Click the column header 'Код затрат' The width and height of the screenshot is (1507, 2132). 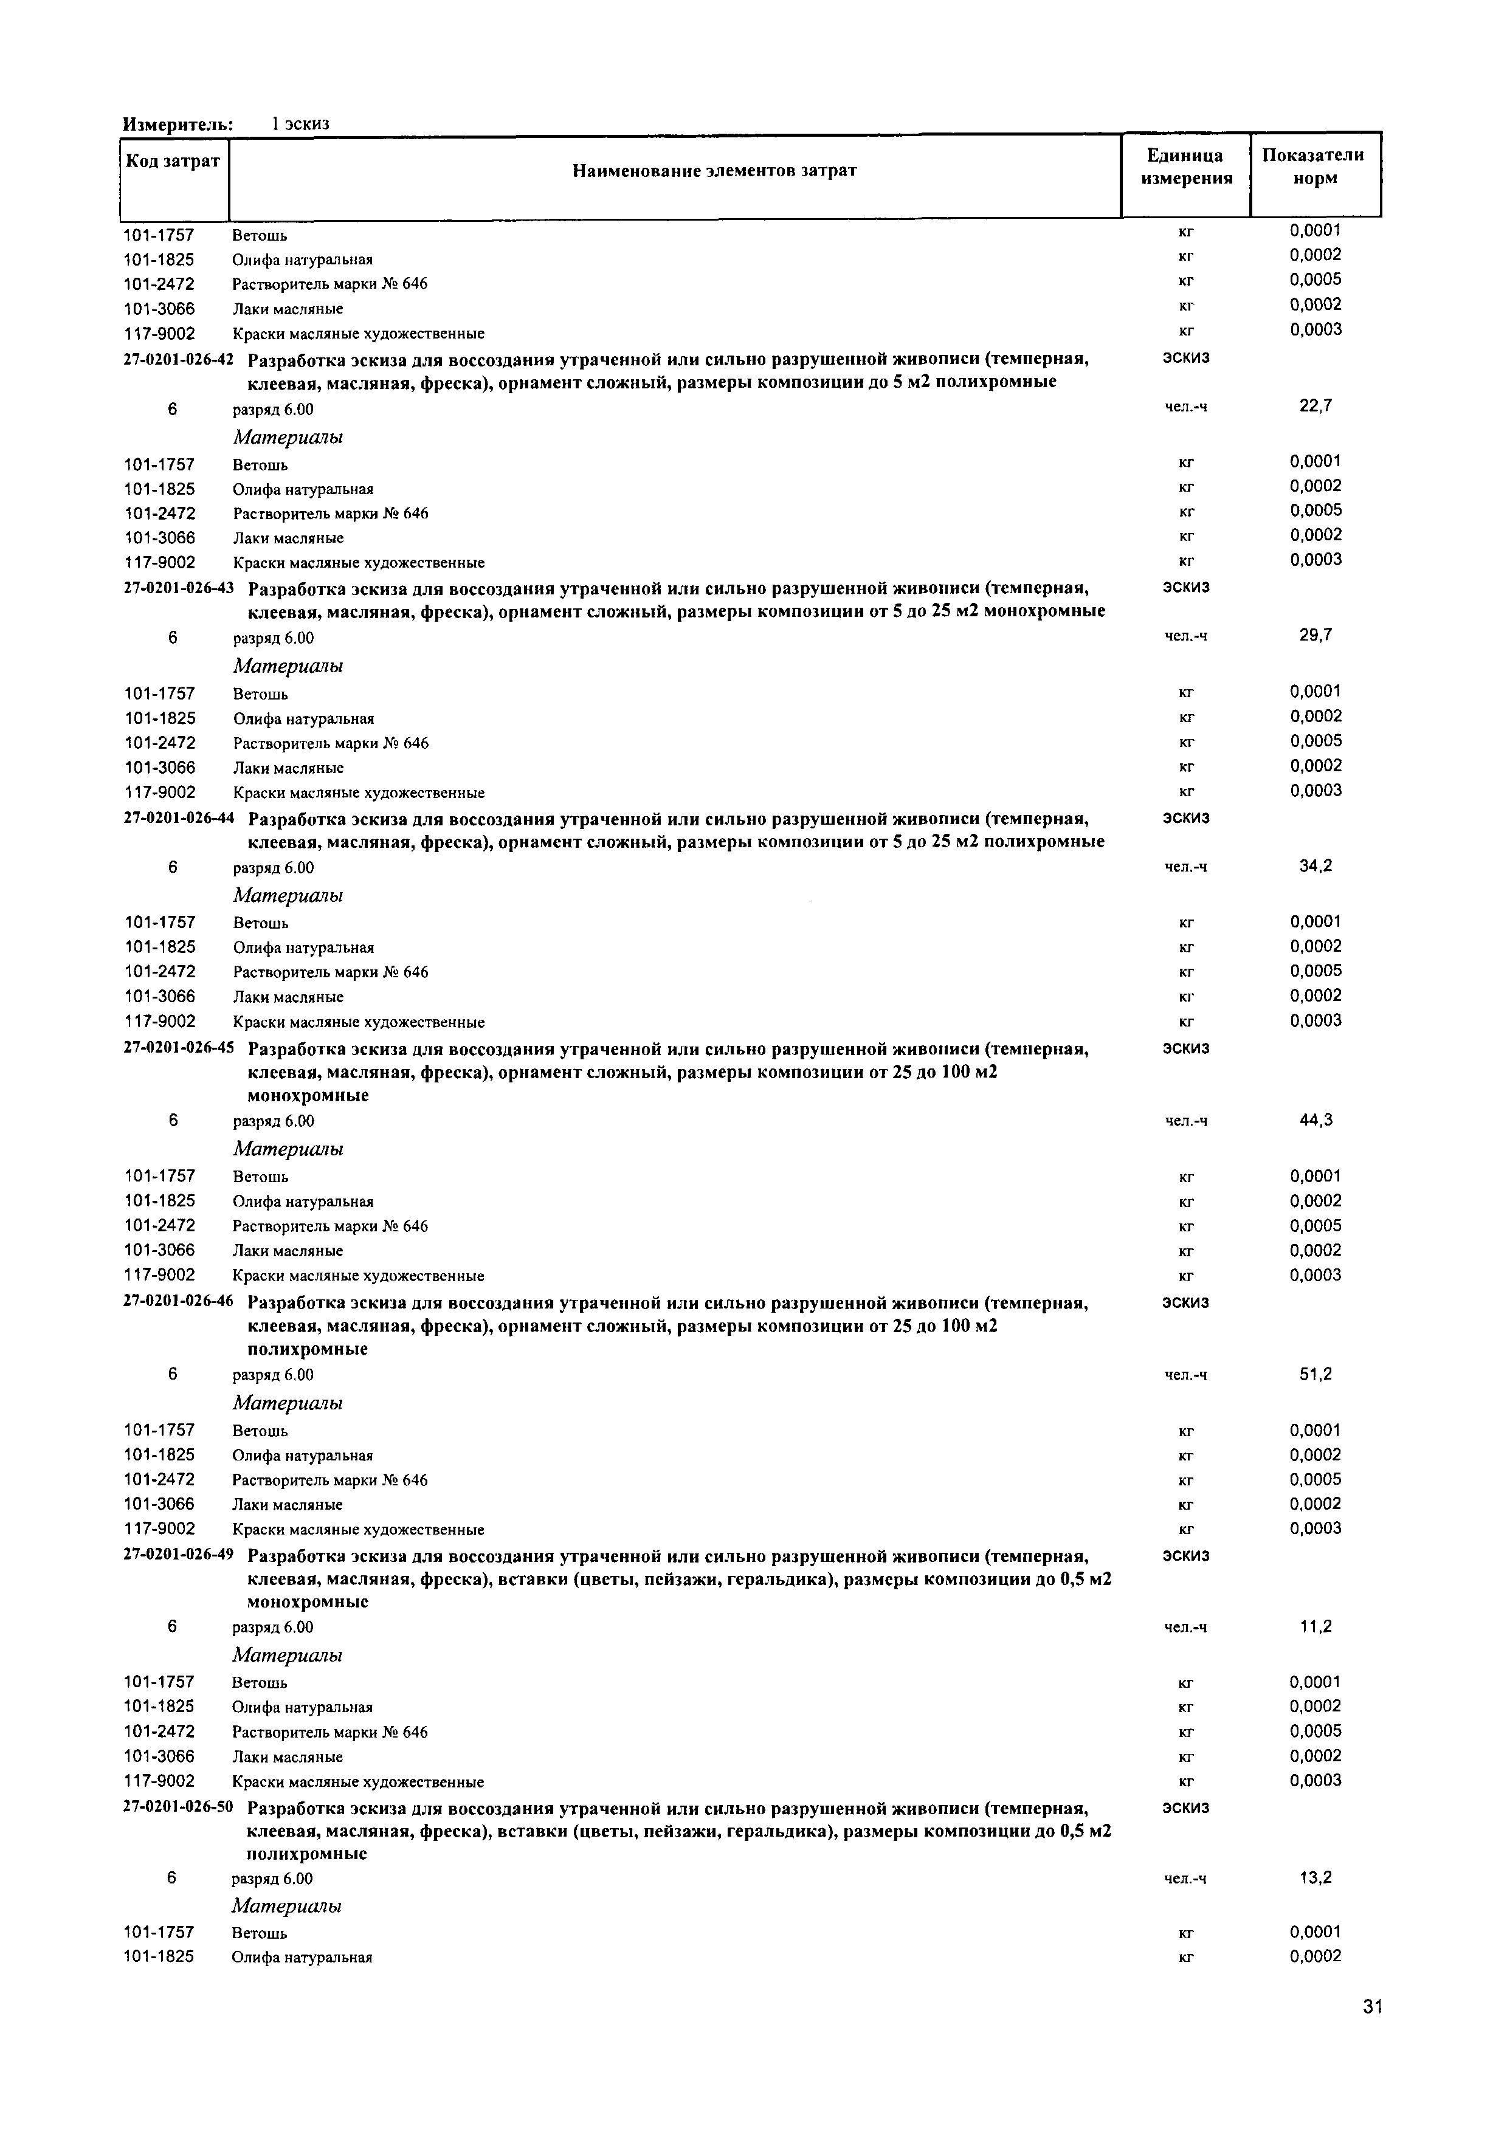173,162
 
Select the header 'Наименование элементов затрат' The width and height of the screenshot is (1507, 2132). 714,171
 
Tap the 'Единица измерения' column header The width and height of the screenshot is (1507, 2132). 1186,167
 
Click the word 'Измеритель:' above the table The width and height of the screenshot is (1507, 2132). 178,123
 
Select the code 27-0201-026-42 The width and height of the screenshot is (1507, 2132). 178,359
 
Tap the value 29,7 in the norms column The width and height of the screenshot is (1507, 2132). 1315,635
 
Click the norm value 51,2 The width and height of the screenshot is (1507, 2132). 1315,1374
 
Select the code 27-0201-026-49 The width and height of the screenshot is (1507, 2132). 178,1555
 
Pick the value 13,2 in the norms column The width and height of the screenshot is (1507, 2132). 1315,1877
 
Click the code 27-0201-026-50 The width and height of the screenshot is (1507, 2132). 178,1808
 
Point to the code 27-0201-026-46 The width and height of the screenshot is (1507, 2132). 178,1302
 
